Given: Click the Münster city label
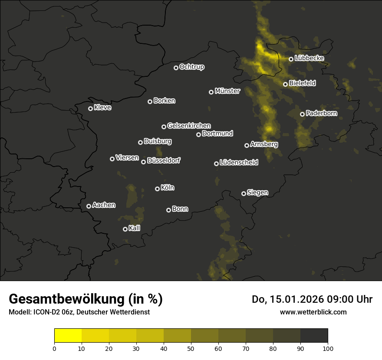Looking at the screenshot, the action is point(227,91).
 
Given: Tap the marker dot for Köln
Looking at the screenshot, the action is point(157,189).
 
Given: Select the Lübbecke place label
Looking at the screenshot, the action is point(309,58).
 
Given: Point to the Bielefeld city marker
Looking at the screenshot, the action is point(285,84).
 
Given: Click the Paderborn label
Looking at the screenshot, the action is point(321,113).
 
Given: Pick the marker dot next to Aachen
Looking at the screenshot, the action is point(89,206).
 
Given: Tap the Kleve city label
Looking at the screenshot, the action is point(102,108).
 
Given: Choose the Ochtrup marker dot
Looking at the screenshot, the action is point(176,68).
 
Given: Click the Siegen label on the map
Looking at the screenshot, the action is point(257,193).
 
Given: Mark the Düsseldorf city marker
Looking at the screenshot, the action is point(143,162).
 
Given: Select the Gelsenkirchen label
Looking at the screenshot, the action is point(189,126).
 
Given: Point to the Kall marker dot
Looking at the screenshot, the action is point(125,229).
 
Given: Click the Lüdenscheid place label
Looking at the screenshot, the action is point(239,163).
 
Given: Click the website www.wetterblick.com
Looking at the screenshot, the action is point(313,312).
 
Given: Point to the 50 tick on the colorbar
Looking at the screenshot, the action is point(191,348).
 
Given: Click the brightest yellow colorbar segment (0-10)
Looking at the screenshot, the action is point(68,336).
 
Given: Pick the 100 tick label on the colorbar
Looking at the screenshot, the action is point(328,348).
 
